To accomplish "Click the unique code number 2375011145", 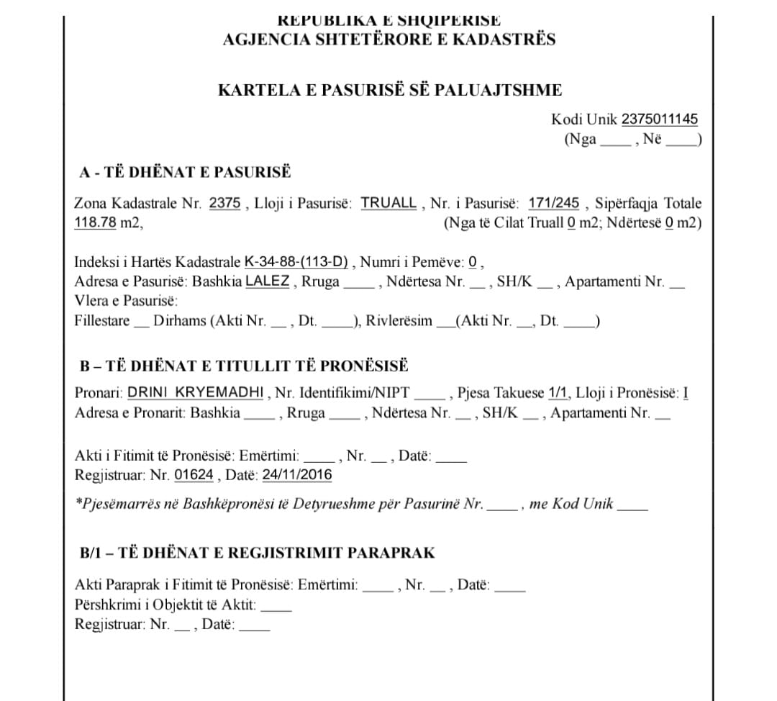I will (x=659, y=119).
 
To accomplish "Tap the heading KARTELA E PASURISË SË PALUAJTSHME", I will (x=390, y=90).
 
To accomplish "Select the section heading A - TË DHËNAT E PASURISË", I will (x=186, y=172).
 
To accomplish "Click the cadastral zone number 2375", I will (x=224, y=203).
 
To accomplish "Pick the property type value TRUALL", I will (x=388, y=203).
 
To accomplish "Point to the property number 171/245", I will (x=553, y=203).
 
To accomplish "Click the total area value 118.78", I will (x=95, y=222).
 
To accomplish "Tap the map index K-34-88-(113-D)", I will (x=296, y=261).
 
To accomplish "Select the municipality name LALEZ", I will (x=268, y=281).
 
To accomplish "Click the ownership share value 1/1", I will (x=558, y=393).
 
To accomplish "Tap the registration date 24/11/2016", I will (x=297, y=475).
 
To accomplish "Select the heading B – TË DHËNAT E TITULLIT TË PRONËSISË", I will (x=244, y=366).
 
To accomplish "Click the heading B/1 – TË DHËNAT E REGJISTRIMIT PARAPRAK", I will (x=258, y=553).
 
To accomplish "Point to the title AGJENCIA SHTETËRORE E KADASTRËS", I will (x=389, y=39).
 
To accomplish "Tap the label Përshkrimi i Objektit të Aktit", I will (x=165, y=605).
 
